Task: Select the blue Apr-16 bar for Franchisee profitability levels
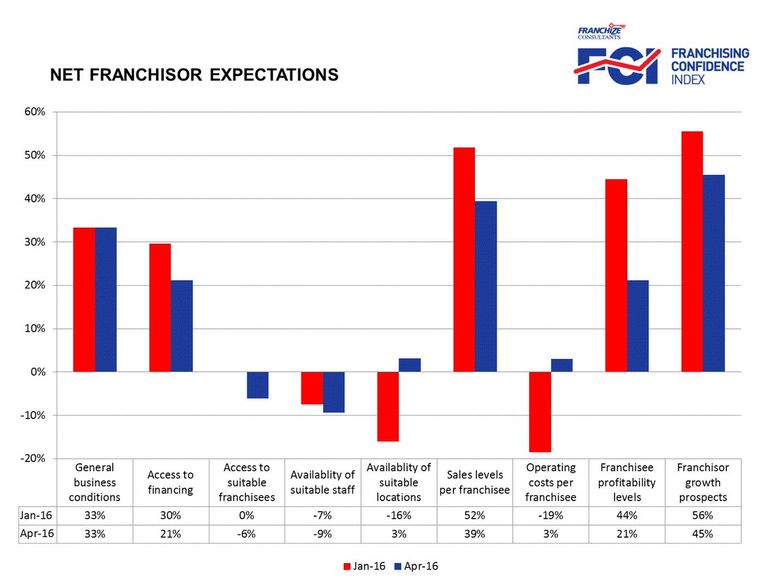point(637,326)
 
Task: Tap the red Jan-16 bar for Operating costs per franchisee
point(540,412)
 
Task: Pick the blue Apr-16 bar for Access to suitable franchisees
point(258,385)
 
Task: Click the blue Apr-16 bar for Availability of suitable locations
point(410,365)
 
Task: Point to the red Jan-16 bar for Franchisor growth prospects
point(692,252)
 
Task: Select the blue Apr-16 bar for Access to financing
point(181,326)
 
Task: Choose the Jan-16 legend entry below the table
point(365,566)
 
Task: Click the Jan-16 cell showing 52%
point(474,515)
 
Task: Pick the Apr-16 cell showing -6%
point(246,533)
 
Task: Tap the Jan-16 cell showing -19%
point(551,515)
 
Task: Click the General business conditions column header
point(95,482)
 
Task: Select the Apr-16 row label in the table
point(37,533)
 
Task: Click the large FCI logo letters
point(617,67)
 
